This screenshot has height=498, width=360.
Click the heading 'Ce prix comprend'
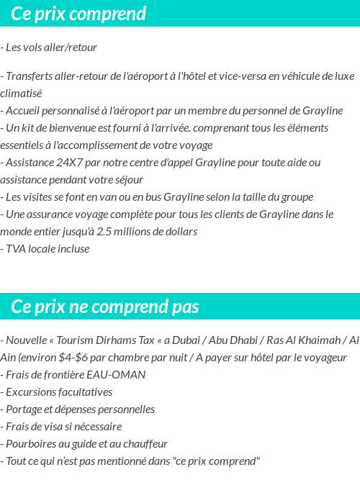point(78,14)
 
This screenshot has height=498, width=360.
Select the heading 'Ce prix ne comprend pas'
point(105,307)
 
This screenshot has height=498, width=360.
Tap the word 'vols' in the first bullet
point(34,47)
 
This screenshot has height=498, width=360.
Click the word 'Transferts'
point(30,76)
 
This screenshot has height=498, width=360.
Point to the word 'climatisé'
point(21,93)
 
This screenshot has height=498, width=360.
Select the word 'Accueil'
point(24,110)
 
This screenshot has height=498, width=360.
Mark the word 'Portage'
point(24,409)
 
